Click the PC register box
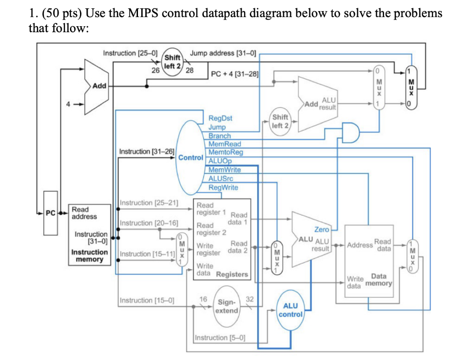tap(50, 213)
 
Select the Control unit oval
tap(190, 157)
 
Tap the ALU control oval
tap(290, 310)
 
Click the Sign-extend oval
tap(227, 306)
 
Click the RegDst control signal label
tap(220, 118)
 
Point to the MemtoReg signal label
tap(225, 152)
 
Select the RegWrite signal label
tap(223, 187)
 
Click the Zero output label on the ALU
tap(322, 229)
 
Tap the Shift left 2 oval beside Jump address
tap(172, 62)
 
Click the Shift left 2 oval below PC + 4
tap(280, 122)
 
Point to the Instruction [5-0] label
tap(220, 338)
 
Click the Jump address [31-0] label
tap(223, 53)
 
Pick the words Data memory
tap(379, 280)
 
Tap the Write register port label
tap(208, 250)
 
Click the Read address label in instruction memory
tap(84, 213)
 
